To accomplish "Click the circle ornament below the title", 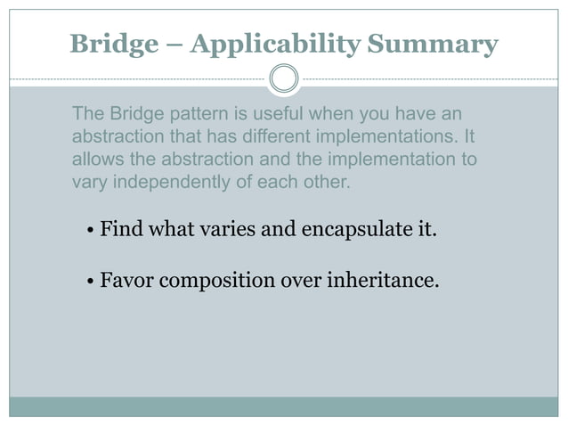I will pyautogui.click(x=284, y=78).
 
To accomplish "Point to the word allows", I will pyautogui.click(x=93, y=160).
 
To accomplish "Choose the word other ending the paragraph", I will pyautogui.click(x=328, y=184).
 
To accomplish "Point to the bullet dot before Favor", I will pyautogui.click(x=92, y=283).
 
